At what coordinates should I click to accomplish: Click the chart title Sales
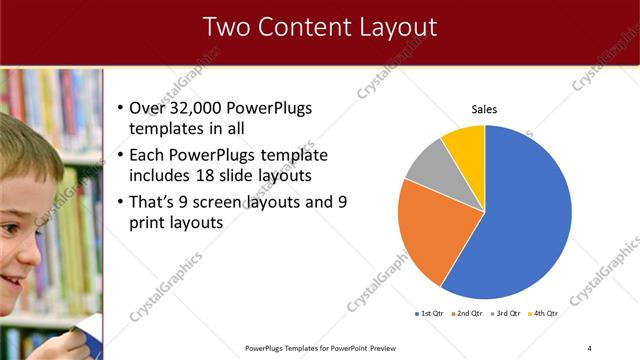click(x=484, y=109)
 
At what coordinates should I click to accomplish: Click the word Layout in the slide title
click(x=391, y=27)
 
